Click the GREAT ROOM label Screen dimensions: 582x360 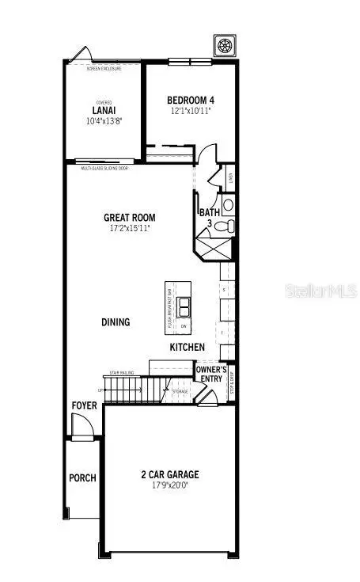pyautogui.click(x=130, y=218)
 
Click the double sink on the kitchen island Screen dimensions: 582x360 pyautogui.click(x=184, y=306)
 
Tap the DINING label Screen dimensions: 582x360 pyautogui.click(x=116, y=322)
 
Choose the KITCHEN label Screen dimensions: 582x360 pyautogui.click(x=188, y=348)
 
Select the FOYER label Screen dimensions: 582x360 pyautogui.click(x=85, y=405)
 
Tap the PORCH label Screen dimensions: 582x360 pyautogui.click(x=82, y=477)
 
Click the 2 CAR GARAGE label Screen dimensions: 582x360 pyautogui.click(x=170, y=475)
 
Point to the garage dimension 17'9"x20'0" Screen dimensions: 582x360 pyautogui.click(x=170, y=485)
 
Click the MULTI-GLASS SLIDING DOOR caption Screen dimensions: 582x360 pyautogui.click(x=104, y=169)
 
